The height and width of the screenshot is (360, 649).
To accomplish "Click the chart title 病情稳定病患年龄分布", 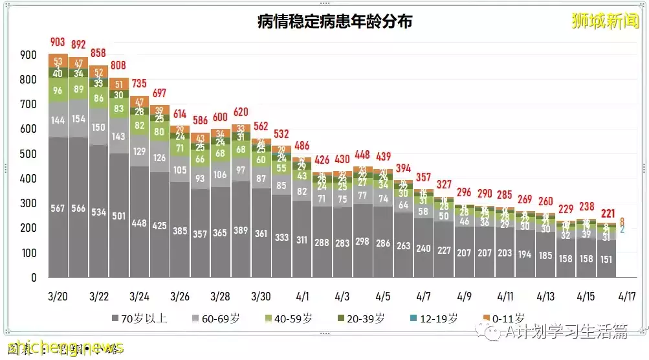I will pos(334,21).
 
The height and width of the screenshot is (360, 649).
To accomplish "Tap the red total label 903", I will pos(58,43).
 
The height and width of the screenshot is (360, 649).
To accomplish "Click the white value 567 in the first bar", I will pos(58,207).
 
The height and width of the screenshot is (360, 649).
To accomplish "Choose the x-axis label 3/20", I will pos(58,297).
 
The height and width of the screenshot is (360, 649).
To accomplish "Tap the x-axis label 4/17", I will pos(626,297).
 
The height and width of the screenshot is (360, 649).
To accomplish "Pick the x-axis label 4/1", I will pos(302,297).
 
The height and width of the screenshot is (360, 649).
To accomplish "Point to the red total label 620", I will pos(241,111).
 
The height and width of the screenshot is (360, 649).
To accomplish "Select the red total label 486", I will pos(302,145).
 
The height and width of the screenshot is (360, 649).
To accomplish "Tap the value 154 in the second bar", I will pos(78,119).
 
